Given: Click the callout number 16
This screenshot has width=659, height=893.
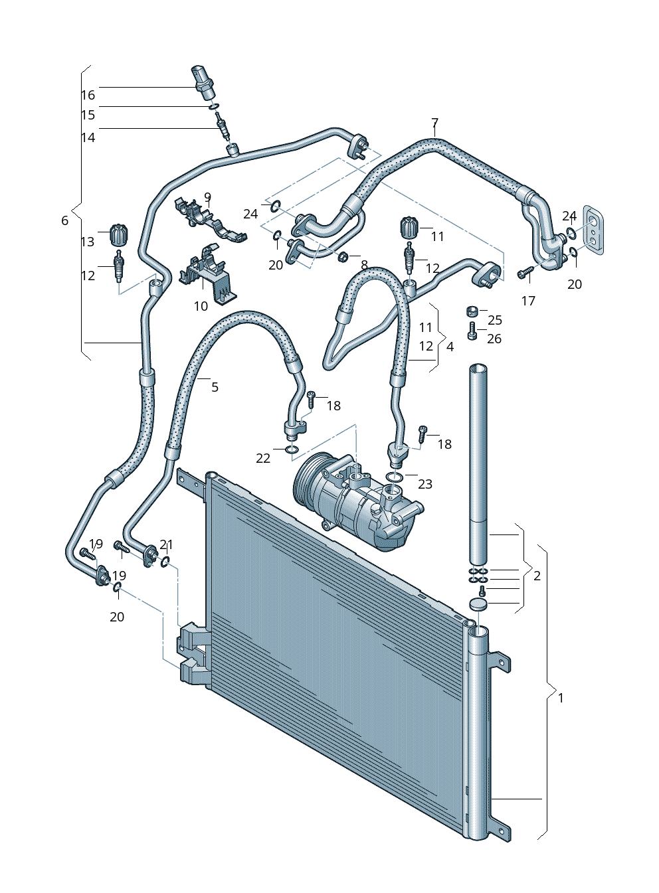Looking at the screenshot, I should [88, 95].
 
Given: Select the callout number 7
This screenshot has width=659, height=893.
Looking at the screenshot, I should [434, 123].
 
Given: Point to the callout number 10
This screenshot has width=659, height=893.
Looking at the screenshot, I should [201, 306].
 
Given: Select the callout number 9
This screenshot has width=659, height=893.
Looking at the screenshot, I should [207, 197].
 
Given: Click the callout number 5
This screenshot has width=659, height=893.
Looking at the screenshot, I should [215, 386].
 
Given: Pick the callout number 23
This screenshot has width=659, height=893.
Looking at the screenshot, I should [425, 484].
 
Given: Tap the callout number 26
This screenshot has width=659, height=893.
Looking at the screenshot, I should [494, 339].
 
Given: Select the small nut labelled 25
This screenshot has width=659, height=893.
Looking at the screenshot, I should [472, 311].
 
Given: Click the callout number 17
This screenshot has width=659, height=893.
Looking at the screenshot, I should [528, 301].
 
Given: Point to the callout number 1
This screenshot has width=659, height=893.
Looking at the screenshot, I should [561, 698].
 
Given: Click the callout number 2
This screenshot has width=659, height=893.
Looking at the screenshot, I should [537, 576].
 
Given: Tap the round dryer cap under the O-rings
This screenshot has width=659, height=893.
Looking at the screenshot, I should [478, 604].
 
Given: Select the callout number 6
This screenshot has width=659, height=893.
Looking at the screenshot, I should [64, 220].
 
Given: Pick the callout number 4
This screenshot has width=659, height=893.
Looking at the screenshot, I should [450, 347].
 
